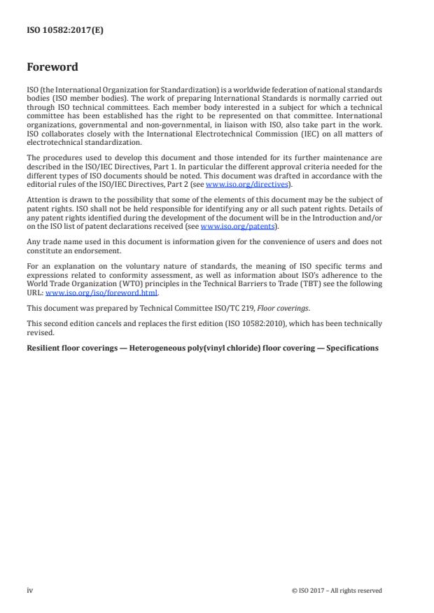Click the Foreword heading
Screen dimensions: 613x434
[52, 68]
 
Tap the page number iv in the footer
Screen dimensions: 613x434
[30, 590]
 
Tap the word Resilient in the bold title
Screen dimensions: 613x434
[45, 348]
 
